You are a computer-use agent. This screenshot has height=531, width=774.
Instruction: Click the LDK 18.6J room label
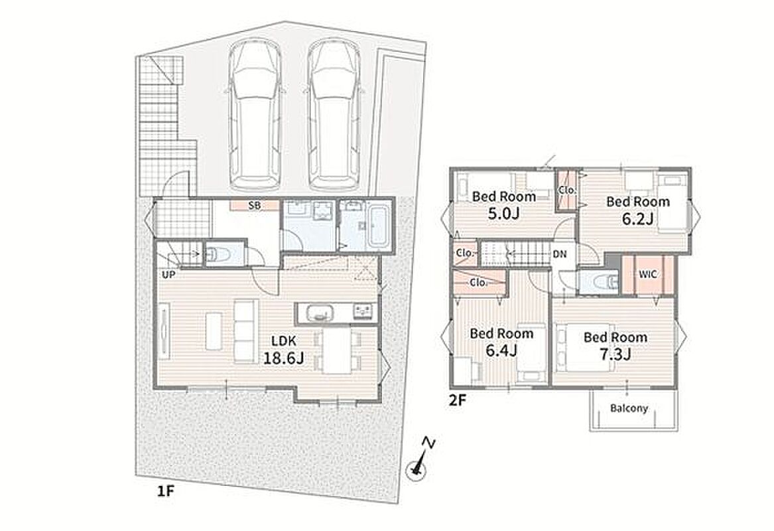pyautogui.click(x=283, y=350)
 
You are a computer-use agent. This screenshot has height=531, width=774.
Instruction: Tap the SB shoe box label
pyautogui.click(x=254, y=206)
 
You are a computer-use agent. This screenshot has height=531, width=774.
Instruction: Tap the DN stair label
pyautogui.click(x=559, y=254)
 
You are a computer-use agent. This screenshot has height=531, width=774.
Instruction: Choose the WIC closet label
pyautogui.click(x=648, y=273)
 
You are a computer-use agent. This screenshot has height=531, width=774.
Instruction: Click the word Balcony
pyautogui.click(x=629, y=408)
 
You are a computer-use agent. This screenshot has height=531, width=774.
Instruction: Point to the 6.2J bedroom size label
pyautogui.click(x=638, y=219)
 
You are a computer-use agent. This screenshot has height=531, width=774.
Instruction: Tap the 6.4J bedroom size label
pyautogui.click(x=501, y=350)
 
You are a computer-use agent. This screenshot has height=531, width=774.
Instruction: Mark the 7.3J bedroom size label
pyautogui.click(x=615, y=354)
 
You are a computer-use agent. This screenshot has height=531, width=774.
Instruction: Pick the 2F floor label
pyautogui.click(x=457, y=400)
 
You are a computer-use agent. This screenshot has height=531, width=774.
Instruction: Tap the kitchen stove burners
pyautogui.click(x=363, y=312)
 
